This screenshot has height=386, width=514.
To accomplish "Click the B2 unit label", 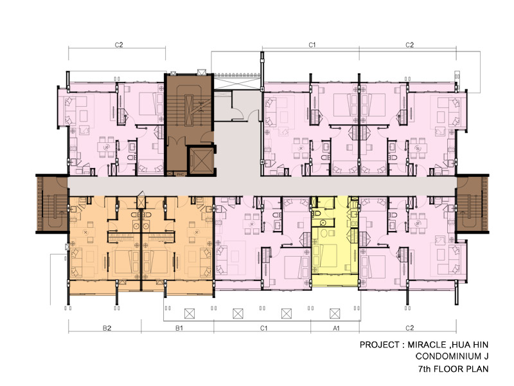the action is pos(107,328).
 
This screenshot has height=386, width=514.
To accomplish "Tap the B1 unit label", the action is pos(179,328).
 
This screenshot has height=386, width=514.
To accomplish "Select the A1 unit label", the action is pos(336,328).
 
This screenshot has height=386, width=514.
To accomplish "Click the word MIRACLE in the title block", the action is pos(427,345).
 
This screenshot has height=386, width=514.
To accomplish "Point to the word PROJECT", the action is pos(380,345).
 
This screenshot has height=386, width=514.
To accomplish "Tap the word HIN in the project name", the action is pos(481,345).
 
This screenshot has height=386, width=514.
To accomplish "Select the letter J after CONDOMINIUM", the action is pos(486,356).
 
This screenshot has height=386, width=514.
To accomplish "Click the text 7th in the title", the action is pos(424,369).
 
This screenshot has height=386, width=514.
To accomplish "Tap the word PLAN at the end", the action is pos(476,369).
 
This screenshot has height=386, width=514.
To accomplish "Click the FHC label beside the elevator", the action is pos(180,174).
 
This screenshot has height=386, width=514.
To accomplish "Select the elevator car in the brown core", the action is pos(200,161).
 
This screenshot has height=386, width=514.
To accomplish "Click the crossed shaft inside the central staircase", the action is pos(189,111).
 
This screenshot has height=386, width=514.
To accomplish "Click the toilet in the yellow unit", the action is pos(316,214).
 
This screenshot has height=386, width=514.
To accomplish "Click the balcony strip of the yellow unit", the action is pos(334,280).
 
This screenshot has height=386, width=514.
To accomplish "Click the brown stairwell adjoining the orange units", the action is pos(53,204).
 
